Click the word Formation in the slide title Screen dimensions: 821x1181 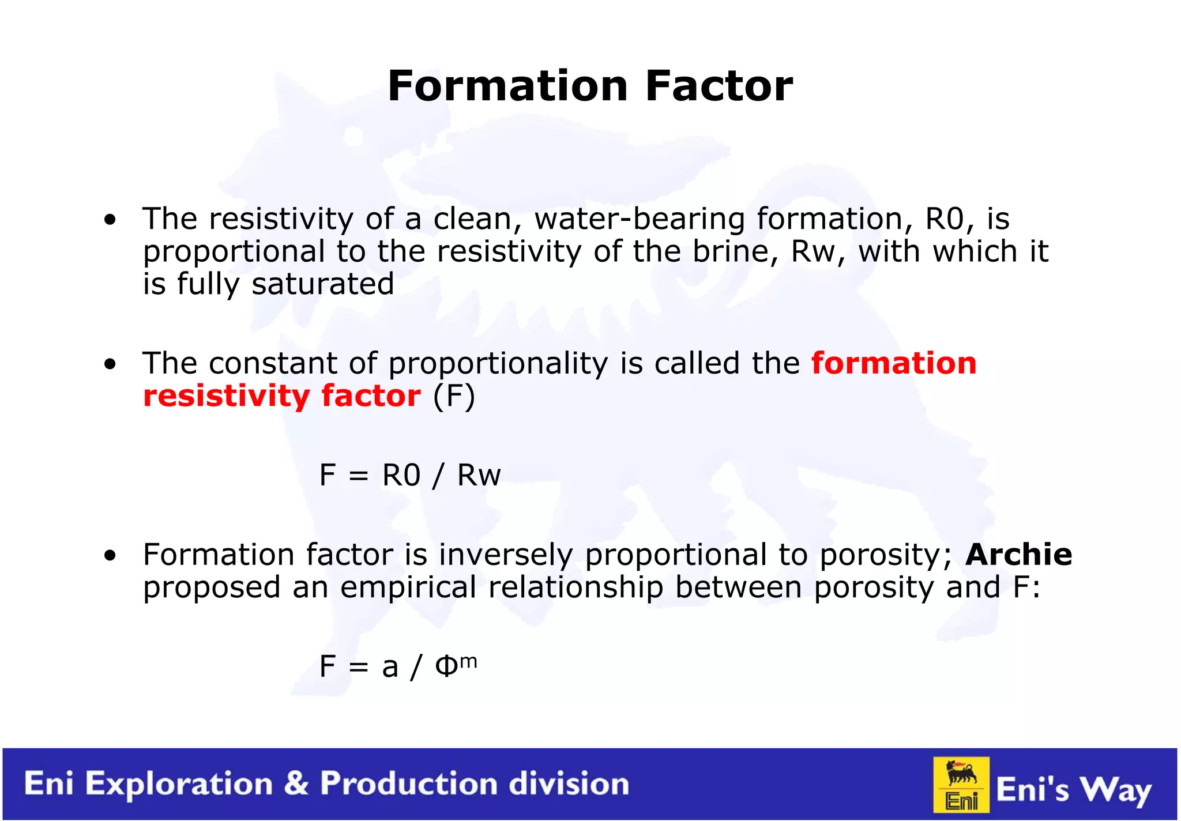point(507,86)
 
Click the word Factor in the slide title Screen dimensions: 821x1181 point(719,86)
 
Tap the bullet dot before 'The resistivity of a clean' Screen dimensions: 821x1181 point(110,220)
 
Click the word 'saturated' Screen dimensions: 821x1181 point(323,284)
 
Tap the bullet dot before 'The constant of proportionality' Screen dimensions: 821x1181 point(110,364)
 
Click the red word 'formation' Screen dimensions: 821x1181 point(894,363)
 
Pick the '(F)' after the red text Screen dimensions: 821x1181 point(454,397)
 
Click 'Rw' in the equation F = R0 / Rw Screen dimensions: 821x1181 point(479,476)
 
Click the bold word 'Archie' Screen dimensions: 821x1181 point(1019,555)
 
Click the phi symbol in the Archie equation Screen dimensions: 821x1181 point(446,667)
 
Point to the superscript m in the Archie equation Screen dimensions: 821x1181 point(469,661)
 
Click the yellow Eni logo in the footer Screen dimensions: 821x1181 point(961,784)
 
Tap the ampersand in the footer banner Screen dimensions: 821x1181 point(296,784)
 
